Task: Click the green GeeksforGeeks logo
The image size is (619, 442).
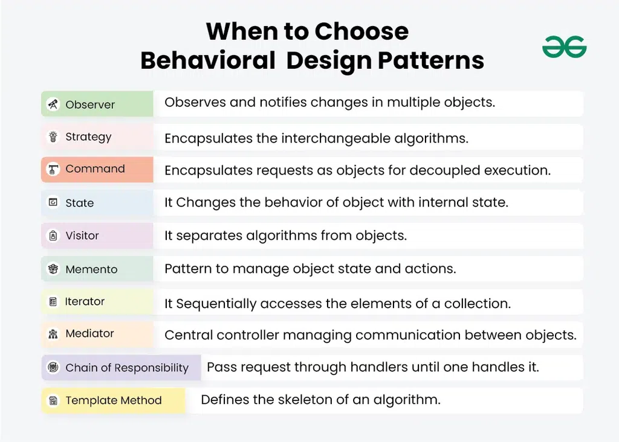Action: tap(565, 47)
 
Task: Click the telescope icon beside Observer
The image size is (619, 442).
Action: tap(53, 104)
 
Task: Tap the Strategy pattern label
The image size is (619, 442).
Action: tap(88, 137)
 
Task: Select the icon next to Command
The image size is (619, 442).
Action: tap(53, 169)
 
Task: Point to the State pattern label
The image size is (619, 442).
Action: tap(79, 203)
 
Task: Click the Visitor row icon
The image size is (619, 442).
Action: tap(53, 235)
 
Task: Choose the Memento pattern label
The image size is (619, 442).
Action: tap(92, 269)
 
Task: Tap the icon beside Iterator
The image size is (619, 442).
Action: tap(53, 302)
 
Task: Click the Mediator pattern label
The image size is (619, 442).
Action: tap(89, 333)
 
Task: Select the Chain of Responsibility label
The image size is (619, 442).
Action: tap(127, 368)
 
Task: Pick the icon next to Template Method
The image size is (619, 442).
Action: tap(53, 400)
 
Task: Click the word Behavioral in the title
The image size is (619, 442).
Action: tap(208, 60)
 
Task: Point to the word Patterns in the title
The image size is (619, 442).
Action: tap(430, 60)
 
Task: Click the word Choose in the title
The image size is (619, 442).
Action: tap(361, 31)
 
